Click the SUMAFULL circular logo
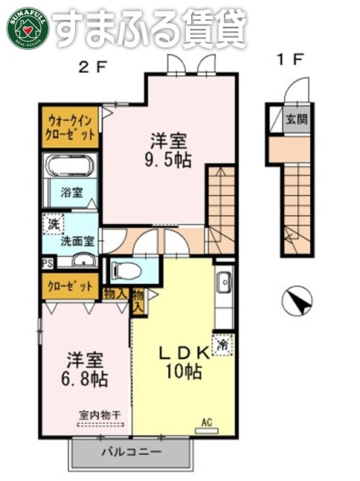point(28,27)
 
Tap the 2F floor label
point(94,65)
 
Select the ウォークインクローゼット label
point(71,127)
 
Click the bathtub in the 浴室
point(71,167)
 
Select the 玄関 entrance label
point(296,119)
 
